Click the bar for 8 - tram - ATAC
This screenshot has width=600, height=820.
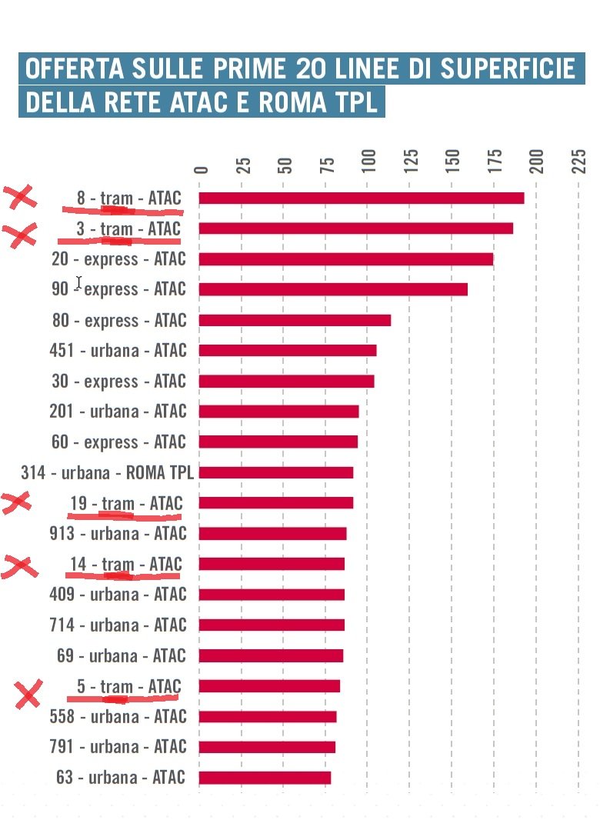click(x=362, y=198)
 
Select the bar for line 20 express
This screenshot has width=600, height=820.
click(x=346, y=259)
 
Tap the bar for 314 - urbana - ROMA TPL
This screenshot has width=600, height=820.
click(x=276, y=472)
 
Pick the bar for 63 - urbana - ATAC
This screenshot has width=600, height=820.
click(x=265, y=778)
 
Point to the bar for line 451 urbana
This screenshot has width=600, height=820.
click(x=288, y=351)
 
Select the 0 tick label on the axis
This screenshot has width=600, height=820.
click(x=202, y=170)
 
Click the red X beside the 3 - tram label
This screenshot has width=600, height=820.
click(x=21, y=234)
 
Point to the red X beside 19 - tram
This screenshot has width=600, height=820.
click(x=16, y=503)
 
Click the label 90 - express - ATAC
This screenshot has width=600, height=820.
click(x=119, y=289)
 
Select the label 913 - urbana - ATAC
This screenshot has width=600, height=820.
click(x=118, y=534)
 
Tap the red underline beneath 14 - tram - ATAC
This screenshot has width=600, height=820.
click(x=123, y=575)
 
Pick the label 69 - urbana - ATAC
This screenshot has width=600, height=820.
click(x=122, y=656)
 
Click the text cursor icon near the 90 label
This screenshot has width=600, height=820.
click(x=78, y=282)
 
